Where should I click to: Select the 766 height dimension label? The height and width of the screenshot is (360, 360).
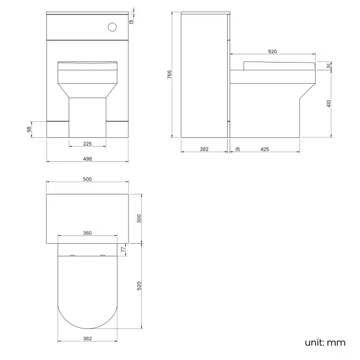[x=169, y=74]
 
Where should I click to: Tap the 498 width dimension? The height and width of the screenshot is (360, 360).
[x=88, y=158]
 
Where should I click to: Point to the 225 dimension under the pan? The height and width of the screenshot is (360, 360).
[x=88, y=143]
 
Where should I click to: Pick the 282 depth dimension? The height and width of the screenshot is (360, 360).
[x=204, y=149]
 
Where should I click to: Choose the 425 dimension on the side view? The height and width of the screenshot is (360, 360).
[x=265, y=149]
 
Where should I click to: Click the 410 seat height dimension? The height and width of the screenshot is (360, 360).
[x=328, y=103]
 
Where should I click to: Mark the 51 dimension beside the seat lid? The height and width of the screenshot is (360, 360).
[x=328, y=66]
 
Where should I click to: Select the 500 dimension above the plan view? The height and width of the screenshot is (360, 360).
[x=88, y=179]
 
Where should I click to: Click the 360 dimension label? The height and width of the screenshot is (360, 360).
[x=88, y=233]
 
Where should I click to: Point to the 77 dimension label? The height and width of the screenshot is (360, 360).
[x=124, y=250]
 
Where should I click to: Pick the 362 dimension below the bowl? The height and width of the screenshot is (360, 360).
[x=88, y=338]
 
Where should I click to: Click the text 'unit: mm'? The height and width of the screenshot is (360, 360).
[x=325, y=342]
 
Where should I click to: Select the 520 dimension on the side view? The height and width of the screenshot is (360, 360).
[x=272, y=52]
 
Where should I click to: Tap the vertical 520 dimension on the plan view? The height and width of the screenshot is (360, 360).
[x=140, y=286]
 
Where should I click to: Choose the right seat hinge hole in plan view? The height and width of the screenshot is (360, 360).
[x=102, y=256]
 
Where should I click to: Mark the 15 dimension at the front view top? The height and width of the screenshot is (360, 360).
[x=131, y=22]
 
